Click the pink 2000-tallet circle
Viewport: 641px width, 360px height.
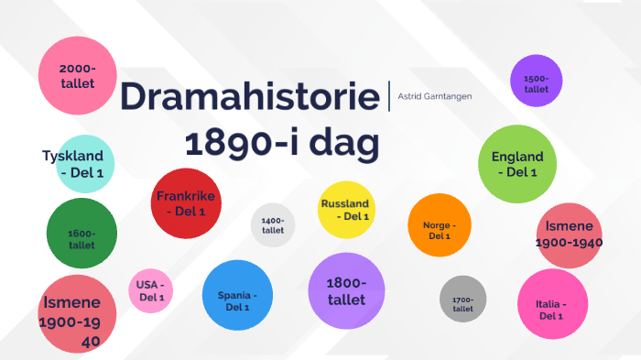[77, 75]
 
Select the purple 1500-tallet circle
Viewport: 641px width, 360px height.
[536, 82]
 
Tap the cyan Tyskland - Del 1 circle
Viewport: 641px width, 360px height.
[81, 165]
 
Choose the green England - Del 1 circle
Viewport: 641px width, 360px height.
[517, 164]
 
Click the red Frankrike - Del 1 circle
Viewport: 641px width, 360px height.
[186, 203]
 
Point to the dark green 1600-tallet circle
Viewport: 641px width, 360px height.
[81, 233]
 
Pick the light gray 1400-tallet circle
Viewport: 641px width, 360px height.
[273, 225]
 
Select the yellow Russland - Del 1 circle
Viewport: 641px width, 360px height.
[345, 210]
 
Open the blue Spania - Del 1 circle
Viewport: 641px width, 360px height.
[238, 295]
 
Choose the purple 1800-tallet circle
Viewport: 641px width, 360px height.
[346, 289]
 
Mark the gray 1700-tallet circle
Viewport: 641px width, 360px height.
[462, 299]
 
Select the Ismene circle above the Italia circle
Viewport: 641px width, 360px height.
[569, 235]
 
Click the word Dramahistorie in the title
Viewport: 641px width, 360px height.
[249, 98]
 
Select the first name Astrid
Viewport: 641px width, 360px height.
[408, 96]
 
